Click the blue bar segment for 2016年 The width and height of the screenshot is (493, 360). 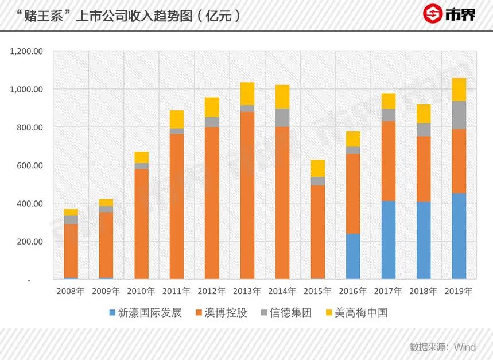tap(353, 256)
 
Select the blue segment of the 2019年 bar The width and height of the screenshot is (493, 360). tap(459, 236)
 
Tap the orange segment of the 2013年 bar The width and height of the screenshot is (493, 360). tap(247, 195)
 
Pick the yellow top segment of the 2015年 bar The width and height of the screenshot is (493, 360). tap(318, 168)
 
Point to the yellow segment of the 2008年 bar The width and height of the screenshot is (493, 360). tap(71, 212)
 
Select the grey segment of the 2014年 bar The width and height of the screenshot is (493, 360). tap(282, 118)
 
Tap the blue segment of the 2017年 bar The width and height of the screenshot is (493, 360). tap(389, 240)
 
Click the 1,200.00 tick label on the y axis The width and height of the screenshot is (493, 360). tap(27, 51)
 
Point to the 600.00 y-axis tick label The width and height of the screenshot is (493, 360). tap(31, 165)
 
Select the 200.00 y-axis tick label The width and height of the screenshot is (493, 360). tap(31, 242)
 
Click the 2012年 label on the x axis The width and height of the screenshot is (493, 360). tap(212, 291)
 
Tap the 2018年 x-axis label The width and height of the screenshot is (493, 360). tap(424, 291)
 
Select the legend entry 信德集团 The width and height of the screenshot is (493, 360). tap(290, 313)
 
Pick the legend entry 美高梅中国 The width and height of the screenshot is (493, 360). tap(362, 313)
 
